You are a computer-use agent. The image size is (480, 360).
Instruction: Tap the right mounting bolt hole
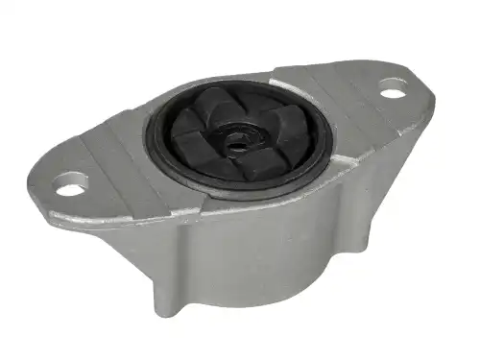tap(392, 93)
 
